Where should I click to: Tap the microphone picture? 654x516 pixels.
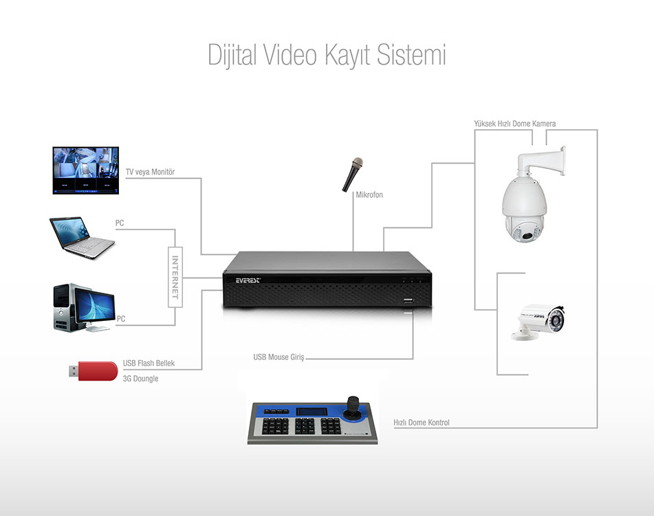(x=352, y=175)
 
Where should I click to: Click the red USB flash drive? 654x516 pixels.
(x=94, y=371)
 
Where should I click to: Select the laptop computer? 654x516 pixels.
(x=82, y=238)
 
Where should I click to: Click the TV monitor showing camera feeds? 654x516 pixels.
(x=86, y=170)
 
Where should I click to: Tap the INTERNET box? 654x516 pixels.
(x=175, y=277)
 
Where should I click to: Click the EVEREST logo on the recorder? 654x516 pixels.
(x=248, y=280)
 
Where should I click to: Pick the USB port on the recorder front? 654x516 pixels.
(x=408, y=300)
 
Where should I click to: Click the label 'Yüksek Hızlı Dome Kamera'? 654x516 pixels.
(x=514, y=124)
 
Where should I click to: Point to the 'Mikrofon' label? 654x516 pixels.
(x=369, y=194)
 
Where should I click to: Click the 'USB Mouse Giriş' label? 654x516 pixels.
(x=279, y=357)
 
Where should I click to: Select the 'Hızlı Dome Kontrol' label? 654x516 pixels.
(x=422, y=423)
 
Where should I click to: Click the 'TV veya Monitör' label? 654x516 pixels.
(x=150, y=172)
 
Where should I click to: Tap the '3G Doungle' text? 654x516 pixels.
(x=140, y=379)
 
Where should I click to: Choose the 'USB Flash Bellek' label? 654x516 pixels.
(x=149, y=363)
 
